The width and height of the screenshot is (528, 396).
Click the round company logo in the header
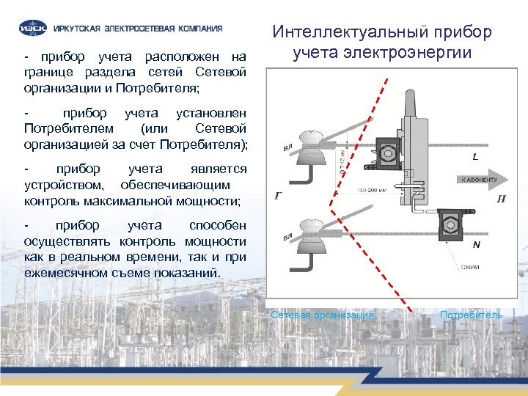[x=33, y=29]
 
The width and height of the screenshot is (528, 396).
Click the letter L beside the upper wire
[x=475, y=157]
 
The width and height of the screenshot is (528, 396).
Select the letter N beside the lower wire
[x=477, y=244]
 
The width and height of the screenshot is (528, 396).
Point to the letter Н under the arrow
[x=501, y=198]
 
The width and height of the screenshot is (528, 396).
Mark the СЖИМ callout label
[x=470, y=267]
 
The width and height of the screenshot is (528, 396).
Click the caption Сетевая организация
[x=322, y=315]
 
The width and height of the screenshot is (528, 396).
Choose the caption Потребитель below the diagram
[x=472, y=315]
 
